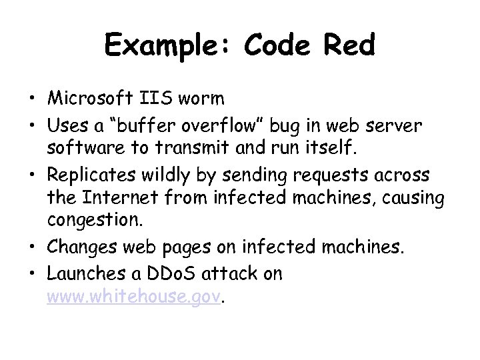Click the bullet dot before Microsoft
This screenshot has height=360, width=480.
pyautogui.click(x=32, y=99)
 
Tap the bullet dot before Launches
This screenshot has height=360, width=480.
pyautogui.click(x=32, y=273)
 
